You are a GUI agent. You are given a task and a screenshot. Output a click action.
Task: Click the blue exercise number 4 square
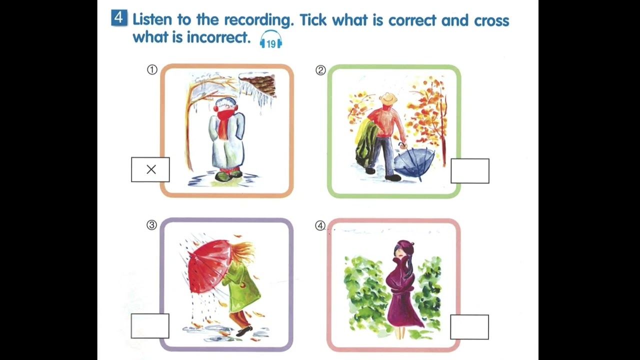click(118, 18)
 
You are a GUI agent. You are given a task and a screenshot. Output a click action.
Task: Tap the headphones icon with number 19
click(271, 40)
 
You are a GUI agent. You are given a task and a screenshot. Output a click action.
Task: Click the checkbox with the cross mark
click(150, 169)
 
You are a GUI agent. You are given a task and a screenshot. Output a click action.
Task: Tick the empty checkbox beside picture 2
click(469, 171)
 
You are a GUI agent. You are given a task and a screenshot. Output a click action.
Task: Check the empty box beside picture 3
click(150, 326)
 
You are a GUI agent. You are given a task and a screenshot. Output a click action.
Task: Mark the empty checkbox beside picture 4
click(469, 327)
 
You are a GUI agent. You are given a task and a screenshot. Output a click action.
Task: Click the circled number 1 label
click(152, 70)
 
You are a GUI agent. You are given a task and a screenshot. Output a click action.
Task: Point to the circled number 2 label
click(320, 70)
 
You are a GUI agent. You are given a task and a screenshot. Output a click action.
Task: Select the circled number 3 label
click(151, 225)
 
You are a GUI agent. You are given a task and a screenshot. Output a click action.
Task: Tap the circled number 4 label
click(320, 225)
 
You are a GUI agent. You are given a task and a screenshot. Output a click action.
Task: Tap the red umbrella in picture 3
click(208, 265)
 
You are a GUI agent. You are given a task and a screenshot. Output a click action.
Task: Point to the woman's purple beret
click(404, 246)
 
